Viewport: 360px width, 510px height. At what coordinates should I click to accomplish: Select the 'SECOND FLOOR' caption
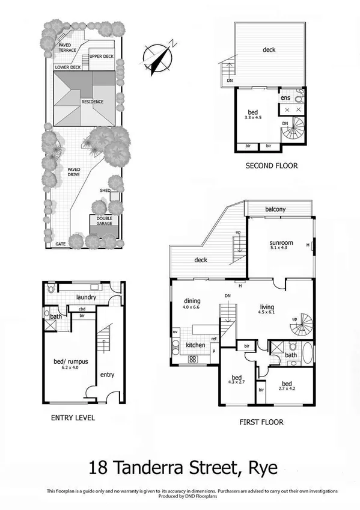272,165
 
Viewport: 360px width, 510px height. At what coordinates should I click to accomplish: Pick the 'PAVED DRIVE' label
74,172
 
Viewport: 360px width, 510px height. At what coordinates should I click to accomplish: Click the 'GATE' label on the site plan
60,245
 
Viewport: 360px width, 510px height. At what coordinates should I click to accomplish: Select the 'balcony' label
278,209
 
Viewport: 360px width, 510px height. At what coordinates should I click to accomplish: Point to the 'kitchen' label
196,345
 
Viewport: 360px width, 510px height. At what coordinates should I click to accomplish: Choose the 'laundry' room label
87,296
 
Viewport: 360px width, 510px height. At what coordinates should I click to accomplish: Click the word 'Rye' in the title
260,467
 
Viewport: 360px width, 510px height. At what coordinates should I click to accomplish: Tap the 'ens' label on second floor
285,97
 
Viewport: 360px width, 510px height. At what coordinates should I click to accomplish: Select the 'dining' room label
192,301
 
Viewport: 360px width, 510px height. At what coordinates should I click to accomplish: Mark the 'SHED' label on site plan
105,190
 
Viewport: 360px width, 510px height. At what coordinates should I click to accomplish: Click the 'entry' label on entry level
107,375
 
